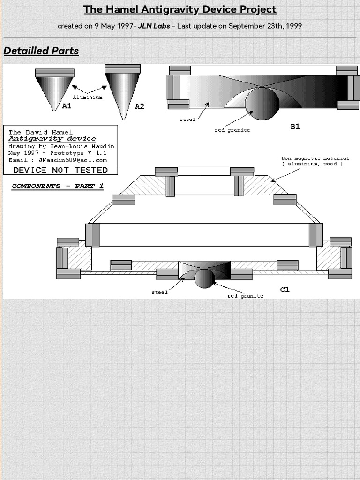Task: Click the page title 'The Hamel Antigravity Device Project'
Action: coord(180,9)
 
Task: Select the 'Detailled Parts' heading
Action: coord(41,51)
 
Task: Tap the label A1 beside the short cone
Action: coord(67,106)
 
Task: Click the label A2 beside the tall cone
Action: coord(139,106)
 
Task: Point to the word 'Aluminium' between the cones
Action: coord(87,97)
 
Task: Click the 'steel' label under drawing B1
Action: coord(187,120)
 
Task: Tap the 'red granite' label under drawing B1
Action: coord(232,130)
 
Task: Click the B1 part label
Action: coord(295,126)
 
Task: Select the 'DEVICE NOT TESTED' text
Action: coord(60,170)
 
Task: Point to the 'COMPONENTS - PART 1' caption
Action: coord(58,186)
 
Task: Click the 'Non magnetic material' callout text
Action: coord(315,158)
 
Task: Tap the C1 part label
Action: coord(285,289)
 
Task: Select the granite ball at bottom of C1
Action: coord(204,278)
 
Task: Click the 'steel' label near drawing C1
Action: coord(159,292)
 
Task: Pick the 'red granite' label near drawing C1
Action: coord(245,296)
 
